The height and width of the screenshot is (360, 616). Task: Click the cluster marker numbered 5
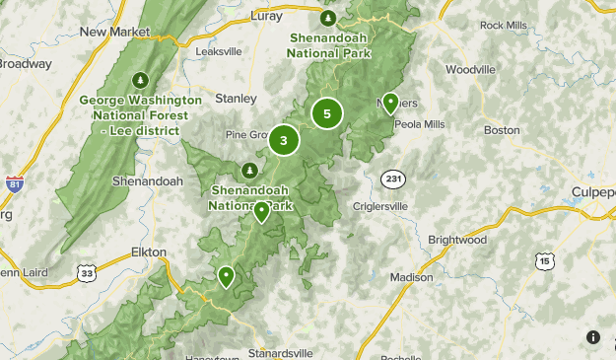[x=327, y=113]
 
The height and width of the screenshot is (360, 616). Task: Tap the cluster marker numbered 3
[x=284, y=141]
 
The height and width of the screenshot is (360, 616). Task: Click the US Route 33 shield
[x=88, y=273]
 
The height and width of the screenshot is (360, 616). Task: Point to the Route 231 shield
[x=391, y=178]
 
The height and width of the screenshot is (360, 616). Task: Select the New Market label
[x=106, y=32]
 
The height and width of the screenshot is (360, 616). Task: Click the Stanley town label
[x=237, y=99]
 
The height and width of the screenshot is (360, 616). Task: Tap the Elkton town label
[x=148, y=252]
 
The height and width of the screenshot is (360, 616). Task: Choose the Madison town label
[x=411, y=278]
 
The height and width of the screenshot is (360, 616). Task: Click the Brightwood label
[x=457, y=240]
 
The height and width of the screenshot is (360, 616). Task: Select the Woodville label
[x=470, y=70]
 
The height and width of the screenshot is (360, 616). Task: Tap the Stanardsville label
[x=279, y=352]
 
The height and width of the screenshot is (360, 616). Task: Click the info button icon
[x=592, y=337]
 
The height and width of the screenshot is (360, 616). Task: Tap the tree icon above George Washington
[x=140, y=80]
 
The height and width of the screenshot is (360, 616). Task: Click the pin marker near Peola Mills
[x=390, y=103]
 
